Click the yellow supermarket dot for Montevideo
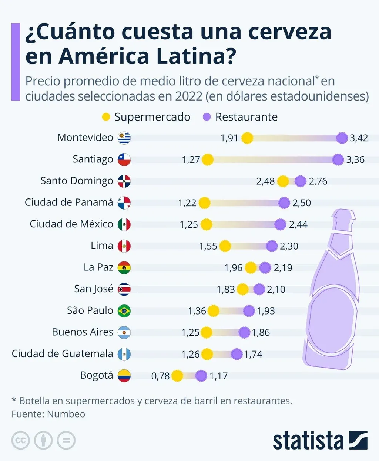click(x=247, y=138)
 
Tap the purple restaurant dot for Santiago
click(x=338, y=159)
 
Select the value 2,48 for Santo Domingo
click(x=265, y=181)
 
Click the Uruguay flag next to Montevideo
click(x=124, y=138)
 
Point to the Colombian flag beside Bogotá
click(x=124, y=376)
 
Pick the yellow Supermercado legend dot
click(x=106, y=117)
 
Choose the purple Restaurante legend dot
click(x=207, y=117)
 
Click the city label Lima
click(x=102, y=246)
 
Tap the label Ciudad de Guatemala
click(x=62, y=354)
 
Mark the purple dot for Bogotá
click(x=201, y=376)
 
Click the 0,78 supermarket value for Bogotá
click(x=160, y=376)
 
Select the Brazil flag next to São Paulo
click(x=124, y=311)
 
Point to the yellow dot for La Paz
click(x=251, y=267)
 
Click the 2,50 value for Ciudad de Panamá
click(x=302, y=203)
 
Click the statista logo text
click(x=308, y=441)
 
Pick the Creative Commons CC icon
click(x=20, y=441)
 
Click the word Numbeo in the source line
click(x=66, y=414)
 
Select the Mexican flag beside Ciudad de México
click(x=124, y=224)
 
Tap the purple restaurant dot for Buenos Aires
click(x=244, y=332)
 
